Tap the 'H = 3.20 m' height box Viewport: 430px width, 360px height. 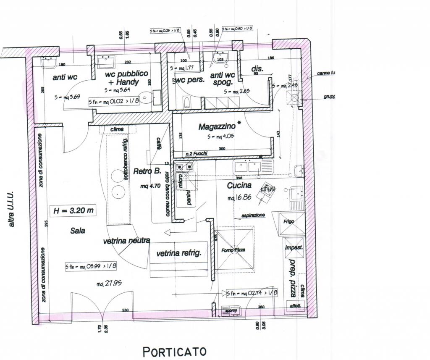click(73, 211)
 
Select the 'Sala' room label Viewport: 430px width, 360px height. click(78, 230)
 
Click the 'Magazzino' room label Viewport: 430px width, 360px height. click(217, 126)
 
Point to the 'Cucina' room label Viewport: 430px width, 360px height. click(239, 185)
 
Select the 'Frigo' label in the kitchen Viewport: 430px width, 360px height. click(289, 221)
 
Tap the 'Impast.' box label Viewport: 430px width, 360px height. click(294, 248)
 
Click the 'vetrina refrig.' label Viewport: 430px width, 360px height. click(179, 253)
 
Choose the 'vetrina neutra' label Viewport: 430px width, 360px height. click(126, 241)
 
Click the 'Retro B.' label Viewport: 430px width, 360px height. click(147, 171)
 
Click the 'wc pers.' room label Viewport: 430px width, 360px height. click(190, 80)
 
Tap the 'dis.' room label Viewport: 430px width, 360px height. click(257, 68)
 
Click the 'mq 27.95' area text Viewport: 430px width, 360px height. click(109, 284)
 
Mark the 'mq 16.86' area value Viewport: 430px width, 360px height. click(239, 197)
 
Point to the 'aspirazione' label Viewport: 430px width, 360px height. click(253, 215)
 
